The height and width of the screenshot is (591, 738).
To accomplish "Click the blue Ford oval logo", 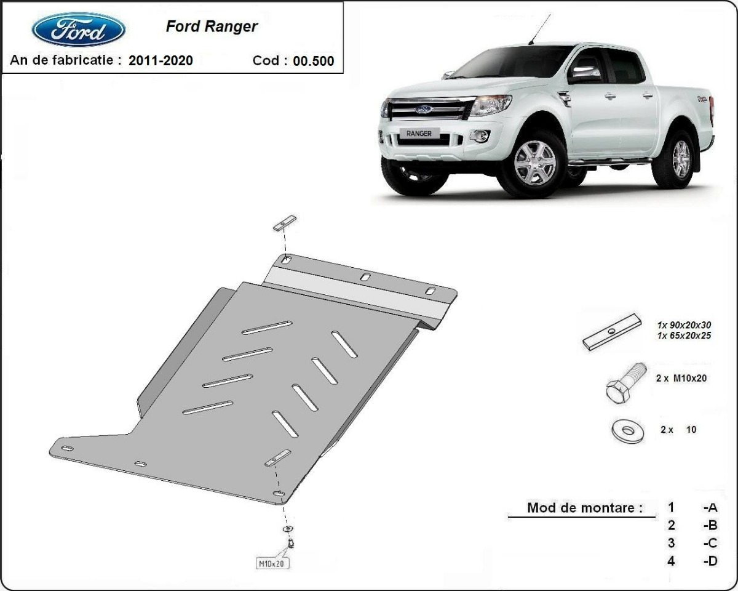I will (x=79, y=30).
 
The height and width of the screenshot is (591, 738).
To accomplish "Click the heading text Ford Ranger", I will (x=212, y=26).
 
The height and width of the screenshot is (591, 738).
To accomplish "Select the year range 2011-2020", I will (x=161, y=60).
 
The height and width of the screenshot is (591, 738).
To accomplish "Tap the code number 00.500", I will (x=314, y=60).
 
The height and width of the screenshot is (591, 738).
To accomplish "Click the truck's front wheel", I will (x=534, y=163).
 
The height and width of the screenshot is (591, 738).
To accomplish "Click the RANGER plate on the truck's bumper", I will (x=419, y=133).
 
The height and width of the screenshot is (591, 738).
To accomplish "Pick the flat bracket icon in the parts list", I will (x=612, y=332).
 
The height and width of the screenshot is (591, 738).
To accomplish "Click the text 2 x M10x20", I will (x=681, y=379).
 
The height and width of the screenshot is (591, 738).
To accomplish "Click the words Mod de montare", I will (x=584, y=508).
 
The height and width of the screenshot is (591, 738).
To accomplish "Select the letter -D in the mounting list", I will (x=710, y=561).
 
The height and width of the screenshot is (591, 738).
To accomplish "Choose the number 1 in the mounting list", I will (x=671, y=507).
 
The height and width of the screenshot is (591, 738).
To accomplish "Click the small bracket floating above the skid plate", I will (x=285, y=223).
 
